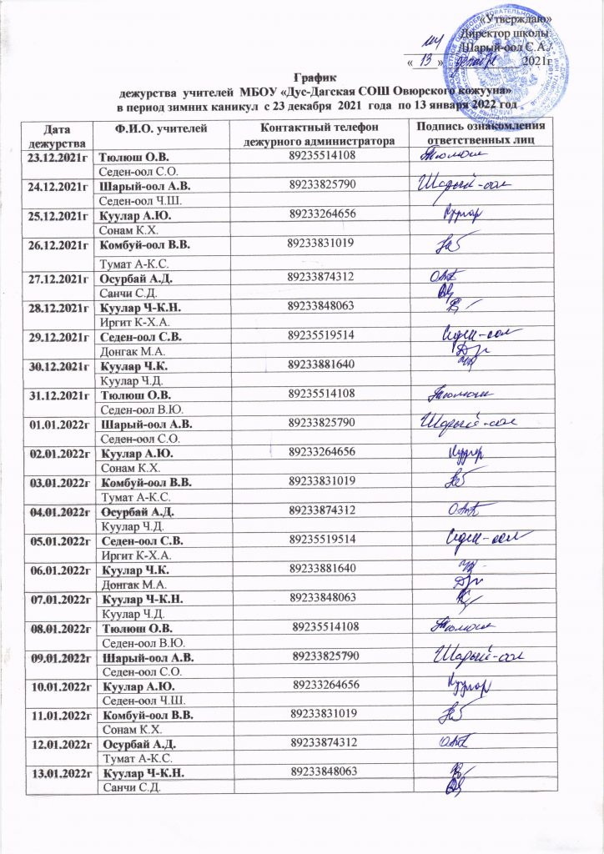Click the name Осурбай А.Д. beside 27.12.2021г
(x=138, y=276)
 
